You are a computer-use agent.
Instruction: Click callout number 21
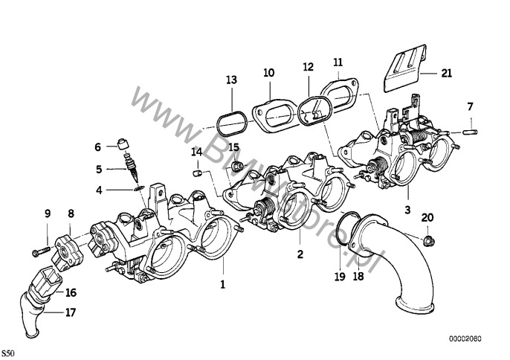pyautogui.click(x=445, y=72)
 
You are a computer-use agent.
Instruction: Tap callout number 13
pyautogui.click(x=232, y=79)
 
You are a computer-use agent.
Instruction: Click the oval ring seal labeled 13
pyautogui.click(x=232, y=119)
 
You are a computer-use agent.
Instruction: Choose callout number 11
pyautogui.click(x=338, y=62)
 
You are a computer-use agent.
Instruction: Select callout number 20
pyautogui.click(x=426, y=217)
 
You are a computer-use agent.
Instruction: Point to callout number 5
pyautogui.click(x=99, y=169)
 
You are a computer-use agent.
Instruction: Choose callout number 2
pyautogui.click(x=300, y=254)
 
